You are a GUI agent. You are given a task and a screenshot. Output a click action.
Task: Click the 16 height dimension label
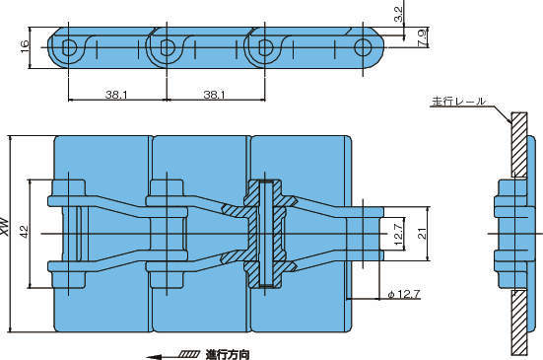25,47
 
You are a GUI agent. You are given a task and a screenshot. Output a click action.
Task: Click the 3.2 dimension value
399,14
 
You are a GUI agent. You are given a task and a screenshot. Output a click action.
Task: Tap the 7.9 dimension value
423,38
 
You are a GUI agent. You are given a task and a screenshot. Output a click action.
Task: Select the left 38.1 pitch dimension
116,95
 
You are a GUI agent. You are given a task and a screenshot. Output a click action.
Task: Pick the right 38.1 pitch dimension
215,95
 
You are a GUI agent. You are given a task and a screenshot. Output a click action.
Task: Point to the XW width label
5,227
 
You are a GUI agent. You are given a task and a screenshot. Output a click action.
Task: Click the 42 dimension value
25,232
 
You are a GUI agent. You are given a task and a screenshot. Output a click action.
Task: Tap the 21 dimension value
422,235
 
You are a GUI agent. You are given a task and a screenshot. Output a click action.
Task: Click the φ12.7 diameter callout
404,295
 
